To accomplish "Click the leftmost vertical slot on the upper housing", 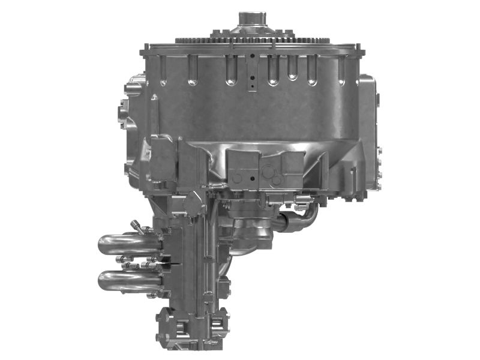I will (x=191, y=71).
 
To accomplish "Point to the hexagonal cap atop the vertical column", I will (x=194, y=203).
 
